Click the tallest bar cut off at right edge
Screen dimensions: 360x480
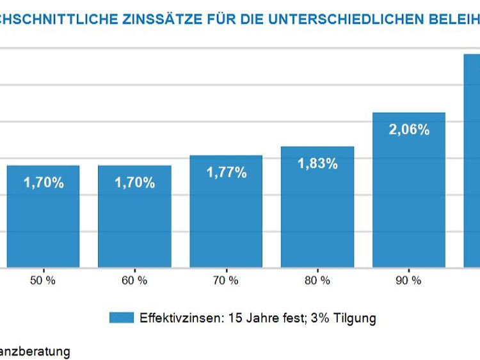472,160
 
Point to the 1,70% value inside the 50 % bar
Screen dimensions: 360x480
44,183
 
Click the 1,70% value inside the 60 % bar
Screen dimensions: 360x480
134,183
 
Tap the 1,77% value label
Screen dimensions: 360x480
226,172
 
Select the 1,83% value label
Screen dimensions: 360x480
317,163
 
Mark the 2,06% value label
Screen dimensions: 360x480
408,129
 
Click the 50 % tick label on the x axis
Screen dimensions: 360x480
44,280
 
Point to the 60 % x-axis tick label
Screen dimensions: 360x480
134,280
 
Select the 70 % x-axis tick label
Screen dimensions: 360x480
226,280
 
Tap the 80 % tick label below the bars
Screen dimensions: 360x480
317,280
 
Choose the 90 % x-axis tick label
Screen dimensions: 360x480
408,280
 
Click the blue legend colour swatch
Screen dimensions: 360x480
121,318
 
